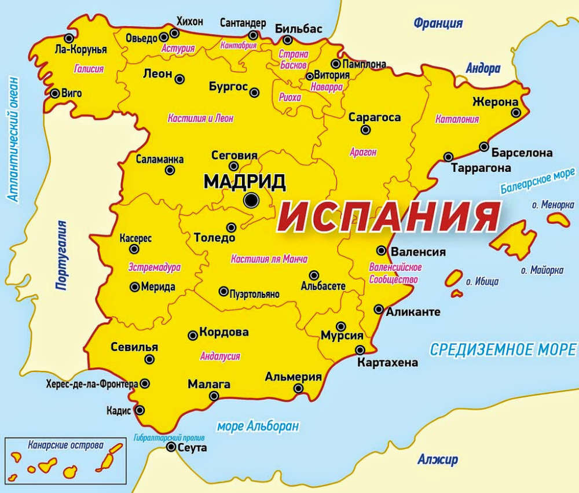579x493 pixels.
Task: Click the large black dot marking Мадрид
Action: point(251,200)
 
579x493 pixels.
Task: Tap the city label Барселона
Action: point(521,153)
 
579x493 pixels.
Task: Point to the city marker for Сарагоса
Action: point(365,130)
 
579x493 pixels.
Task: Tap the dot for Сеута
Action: point(171,447)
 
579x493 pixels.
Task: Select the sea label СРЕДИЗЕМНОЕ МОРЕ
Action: point(503,349)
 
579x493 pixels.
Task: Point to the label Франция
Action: point(438,24)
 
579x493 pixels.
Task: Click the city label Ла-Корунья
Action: point(79,49)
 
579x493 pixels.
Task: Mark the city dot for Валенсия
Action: point(381,251)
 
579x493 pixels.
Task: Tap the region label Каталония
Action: point(457,120)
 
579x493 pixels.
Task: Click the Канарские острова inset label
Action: point(65,446)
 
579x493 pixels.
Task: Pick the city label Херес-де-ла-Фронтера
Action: point(91,384)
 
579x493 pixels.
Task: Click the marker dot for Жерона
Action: point(515,112)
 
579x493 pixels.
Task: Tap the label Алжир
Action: point(437,460)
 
